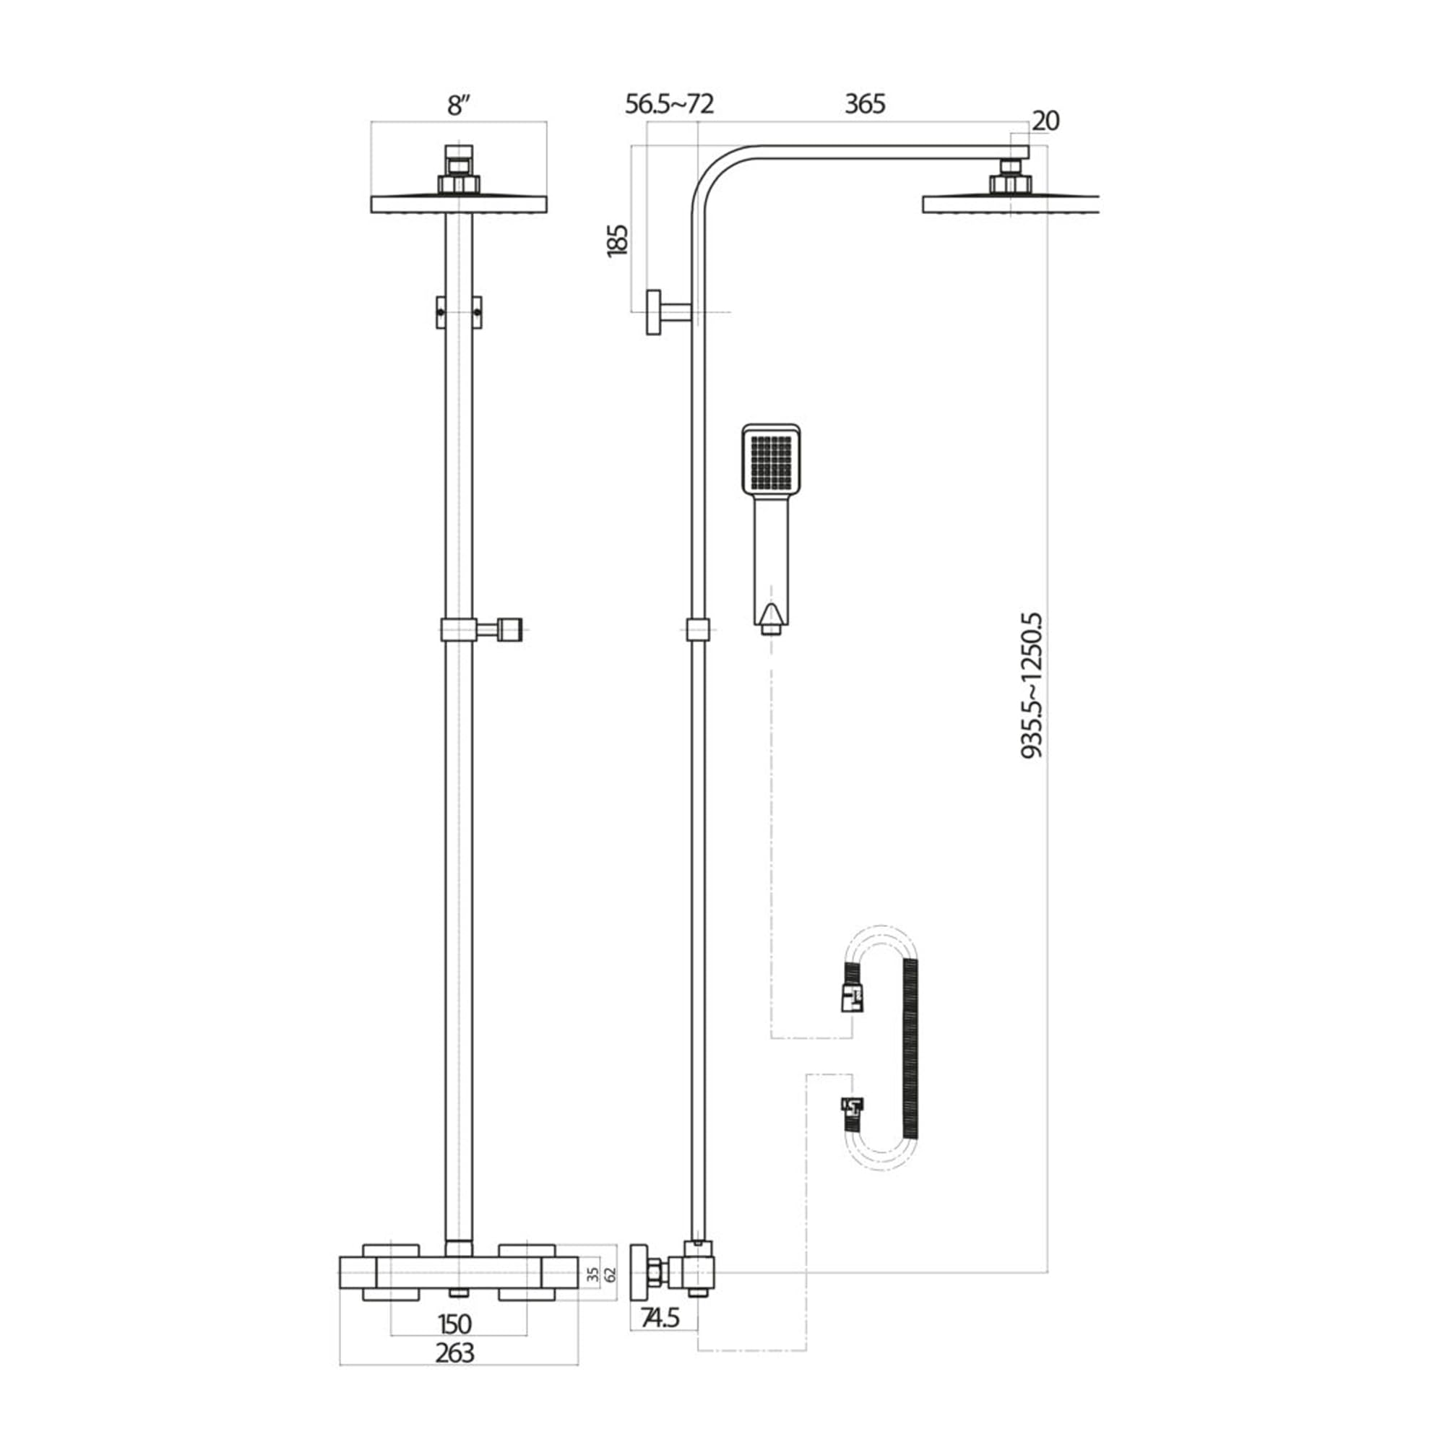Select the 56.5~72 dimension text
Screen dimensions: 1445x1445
[x=670, y=104]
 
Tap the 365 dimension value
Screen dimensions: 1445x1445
[x=865, y=104]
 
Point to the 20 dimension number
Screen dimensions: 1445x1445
[x=1045, y=121]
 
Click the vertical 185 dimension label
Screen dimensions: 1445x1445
[x=618, y=241]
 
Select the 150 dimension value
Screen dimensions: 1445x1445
[x=454, y=1324]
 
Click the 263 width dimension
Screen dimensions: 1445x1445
[x=454, y=1353]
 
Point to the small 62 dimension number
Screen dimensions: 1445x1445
[x=611, y=1274]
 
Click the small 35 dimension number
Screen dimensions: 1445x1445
[x=594, y=1274]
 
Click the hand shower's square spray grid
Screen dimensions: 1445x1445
[x=770, y=460]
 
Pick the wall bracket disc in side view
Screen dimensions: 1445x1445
[x=653, y=311]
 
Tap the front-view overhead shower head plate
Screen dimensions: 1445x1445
[x=459, y=204]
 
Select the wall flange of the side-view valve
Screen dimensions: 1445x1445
[x=640, y=1273]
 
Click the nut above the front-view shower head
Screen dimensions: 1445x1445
[x=458, y=184]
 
